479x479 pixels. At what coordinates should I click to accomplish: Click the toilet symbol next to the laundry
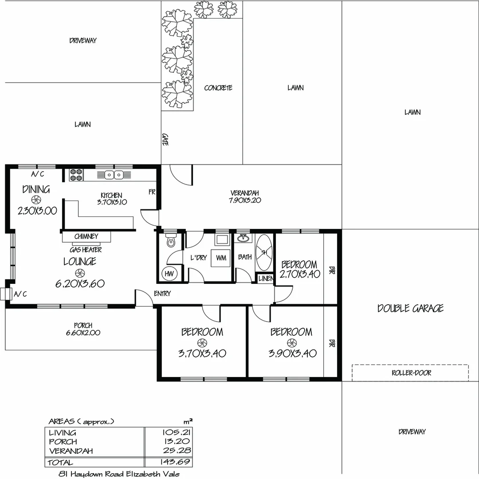(x=170, y=242)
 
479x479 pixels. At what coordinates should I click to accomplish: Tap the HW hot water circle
(x=169, y=274)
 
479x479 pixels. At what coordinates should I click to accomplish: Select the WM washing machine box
(x=220, y=257)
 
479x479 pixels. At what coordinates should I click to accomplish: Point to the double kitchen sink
(x=114, y=175)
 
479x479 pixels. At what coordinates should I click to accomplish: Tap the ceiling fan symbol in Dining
(x=37, y=200)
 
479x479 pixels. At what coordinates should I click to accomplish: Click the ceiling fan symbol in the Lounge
(x=79, y=273)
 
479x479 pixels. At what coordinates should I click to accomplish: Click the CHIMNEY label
(x=86, y=236)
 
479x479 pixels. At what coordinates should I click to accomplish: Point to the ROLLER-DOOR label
(x=411, y=373)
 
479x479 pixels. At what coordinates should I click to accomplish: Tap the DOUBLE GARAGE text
(x=410, y=308)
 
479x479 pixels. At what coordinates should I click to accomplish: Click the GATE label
(x=165, y=140)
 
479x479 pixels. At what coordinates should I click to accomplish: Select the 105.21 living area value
(x=176, y=432)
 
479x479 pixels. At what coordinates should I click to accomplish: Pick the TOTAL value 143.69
(x=176, y=463)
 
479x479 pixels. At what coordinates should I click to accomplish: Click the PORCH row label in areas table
(x=63, y=442)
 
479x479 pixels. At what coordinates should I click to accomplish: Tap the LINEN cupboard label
(x=266, y=279)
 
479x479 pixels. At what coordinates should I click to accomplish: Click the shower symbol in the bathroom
(x=264, y=252)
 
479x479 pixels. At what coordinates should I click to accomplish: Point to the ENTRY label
(x=162, y=294)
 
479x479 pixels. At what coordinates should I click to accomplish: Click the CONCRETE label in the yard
(x=218, y=88)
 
